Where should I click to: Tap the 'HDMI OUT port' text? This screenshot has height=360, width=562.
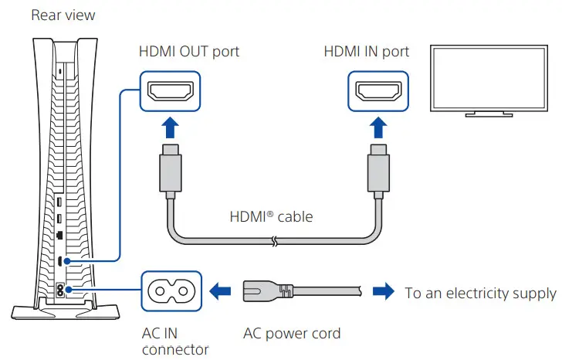189,52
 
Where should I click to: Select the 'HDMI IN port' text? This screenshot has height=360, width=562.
366,52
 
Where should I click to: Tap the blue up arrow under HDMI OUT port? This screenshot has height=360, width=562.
169,126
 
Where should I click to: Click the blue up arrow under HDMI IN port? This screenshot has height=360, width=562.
377,126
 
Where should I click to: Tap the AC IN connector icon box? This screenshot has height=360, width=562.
169,292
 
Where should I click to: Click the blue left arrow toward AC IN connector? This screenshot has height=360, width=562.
219,292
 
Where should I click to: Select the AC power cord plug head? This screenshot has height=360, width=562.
267,292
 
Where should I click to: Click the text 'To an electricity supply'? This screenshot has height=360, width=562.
480,293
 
